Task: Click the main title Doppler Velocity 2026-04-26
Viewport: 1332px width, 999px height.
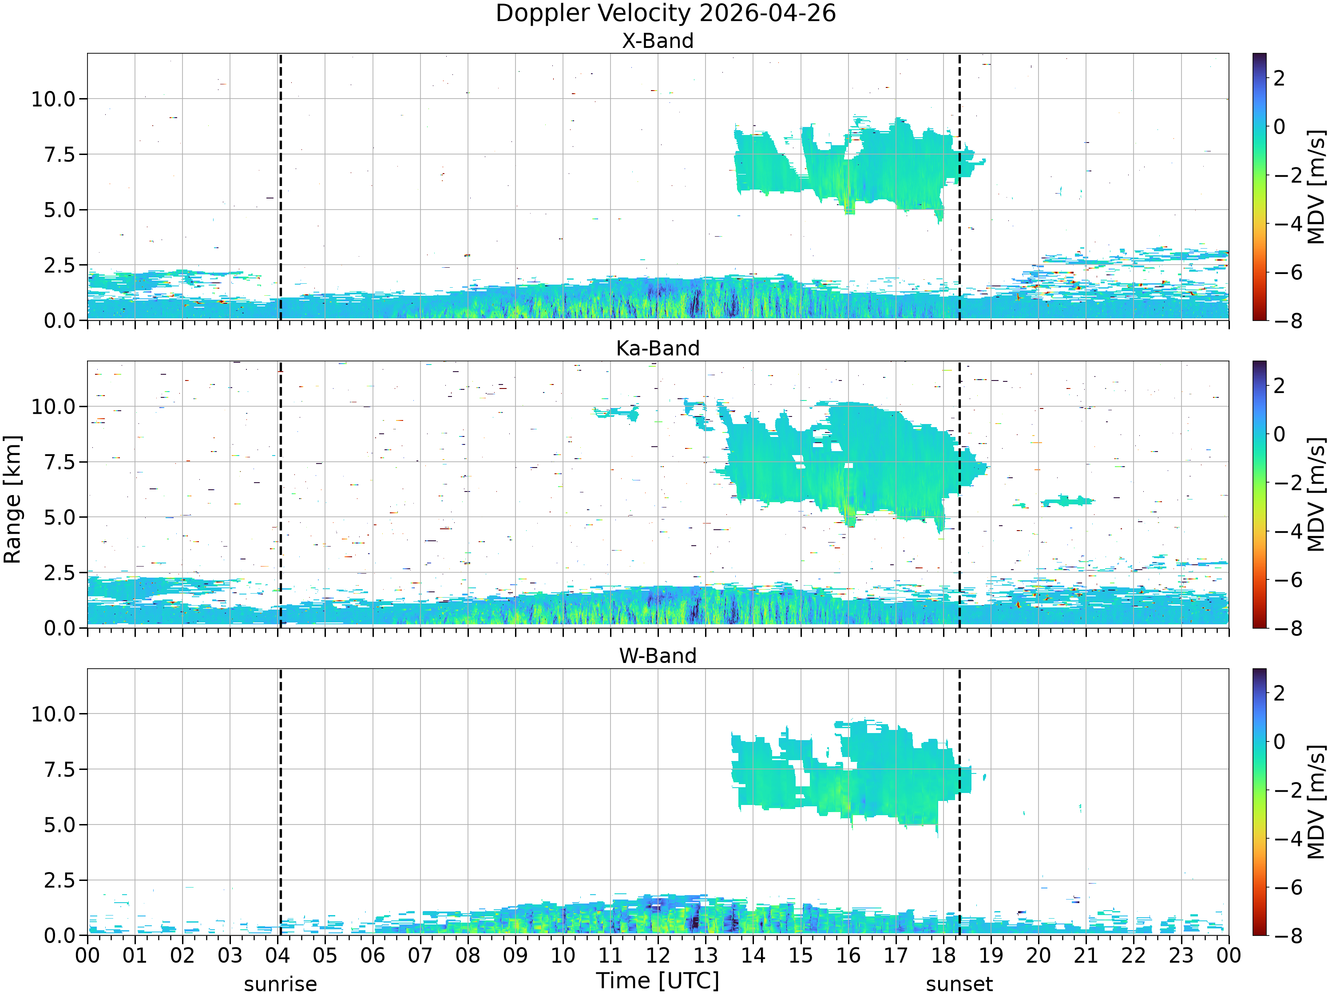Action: click(x=666, y=13)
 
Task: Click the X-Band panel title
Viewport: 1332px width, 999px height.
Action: click(x=658, y=41)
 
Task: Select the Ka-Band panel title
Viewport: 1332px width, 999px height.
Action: click(x=658, y=349)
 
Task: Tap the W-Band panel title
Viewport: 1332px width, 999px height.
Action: click(x=658, y=656)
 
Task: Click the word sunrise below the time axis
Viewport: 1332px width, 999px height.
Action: click(x=281, y=984)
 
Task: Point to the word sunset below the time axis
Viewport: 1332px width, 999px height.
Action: click(x=959, y=984)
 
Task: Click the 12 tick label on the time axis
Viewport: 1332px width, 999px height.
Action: click(x=658, y=955)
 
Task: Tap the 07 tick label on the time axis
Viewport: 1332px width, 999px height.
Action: click(x=420, y=955)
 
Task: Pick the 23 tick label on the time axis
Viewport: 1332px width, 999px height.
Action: click(x=1181, y=955)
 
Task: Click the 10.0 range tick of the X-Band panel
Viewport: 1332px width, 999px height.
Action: click(x=54, y=99)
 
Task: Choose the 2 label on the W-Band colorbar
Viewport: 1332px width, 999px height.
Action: click(x=1280, y=693)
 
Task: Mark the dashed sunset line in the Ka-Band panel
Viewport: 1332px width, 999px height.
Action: click(x=959, y=494)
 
